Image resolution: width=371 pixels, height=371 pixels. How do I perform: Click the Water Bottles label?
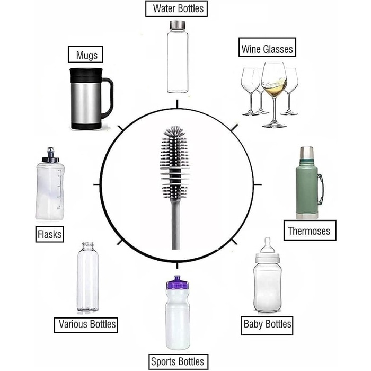176,8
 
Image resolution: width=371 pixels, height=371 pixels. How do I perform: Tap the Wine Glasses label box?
267,47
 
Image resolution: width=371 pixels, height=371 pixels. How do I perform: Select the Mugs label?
85,55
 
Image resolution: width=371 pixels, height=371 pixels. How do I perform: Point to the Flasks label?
49,234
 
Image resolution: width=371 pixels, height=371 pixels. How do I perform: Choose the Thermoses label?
310,230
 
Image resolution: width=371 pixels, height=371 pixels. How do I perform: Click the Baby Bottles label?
267,325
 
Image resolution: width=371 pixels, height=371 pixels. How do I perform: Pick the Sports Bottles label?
178,361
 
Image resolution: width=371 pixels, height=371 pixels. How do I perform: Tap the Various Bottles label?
86,325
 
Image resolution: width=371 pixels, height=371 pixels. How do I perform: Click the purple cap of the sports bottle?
178,282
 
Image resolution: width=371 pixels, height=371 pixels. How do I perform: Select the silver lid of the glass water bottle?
178,24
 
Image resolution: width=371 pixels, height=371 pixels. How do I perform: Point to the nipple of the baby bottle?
268,245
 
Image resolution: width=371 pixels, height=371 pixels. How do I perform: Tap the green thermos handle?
320,189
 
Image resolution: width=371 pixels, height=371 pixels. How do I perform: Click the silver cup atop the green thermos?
307,153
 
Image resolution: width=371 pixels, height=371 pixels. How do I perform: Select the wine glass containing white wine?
274,95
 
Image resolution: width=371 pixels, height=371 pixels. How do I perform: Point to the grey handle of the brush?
175,224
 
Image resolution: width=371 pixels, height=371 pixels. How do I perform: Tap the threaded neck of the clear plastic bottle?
88,246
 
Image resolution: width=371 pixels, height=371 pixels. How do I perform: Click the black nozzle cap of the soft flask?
50,155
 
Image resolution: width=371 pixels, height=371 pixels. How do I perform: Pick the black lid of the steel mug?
86,75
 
